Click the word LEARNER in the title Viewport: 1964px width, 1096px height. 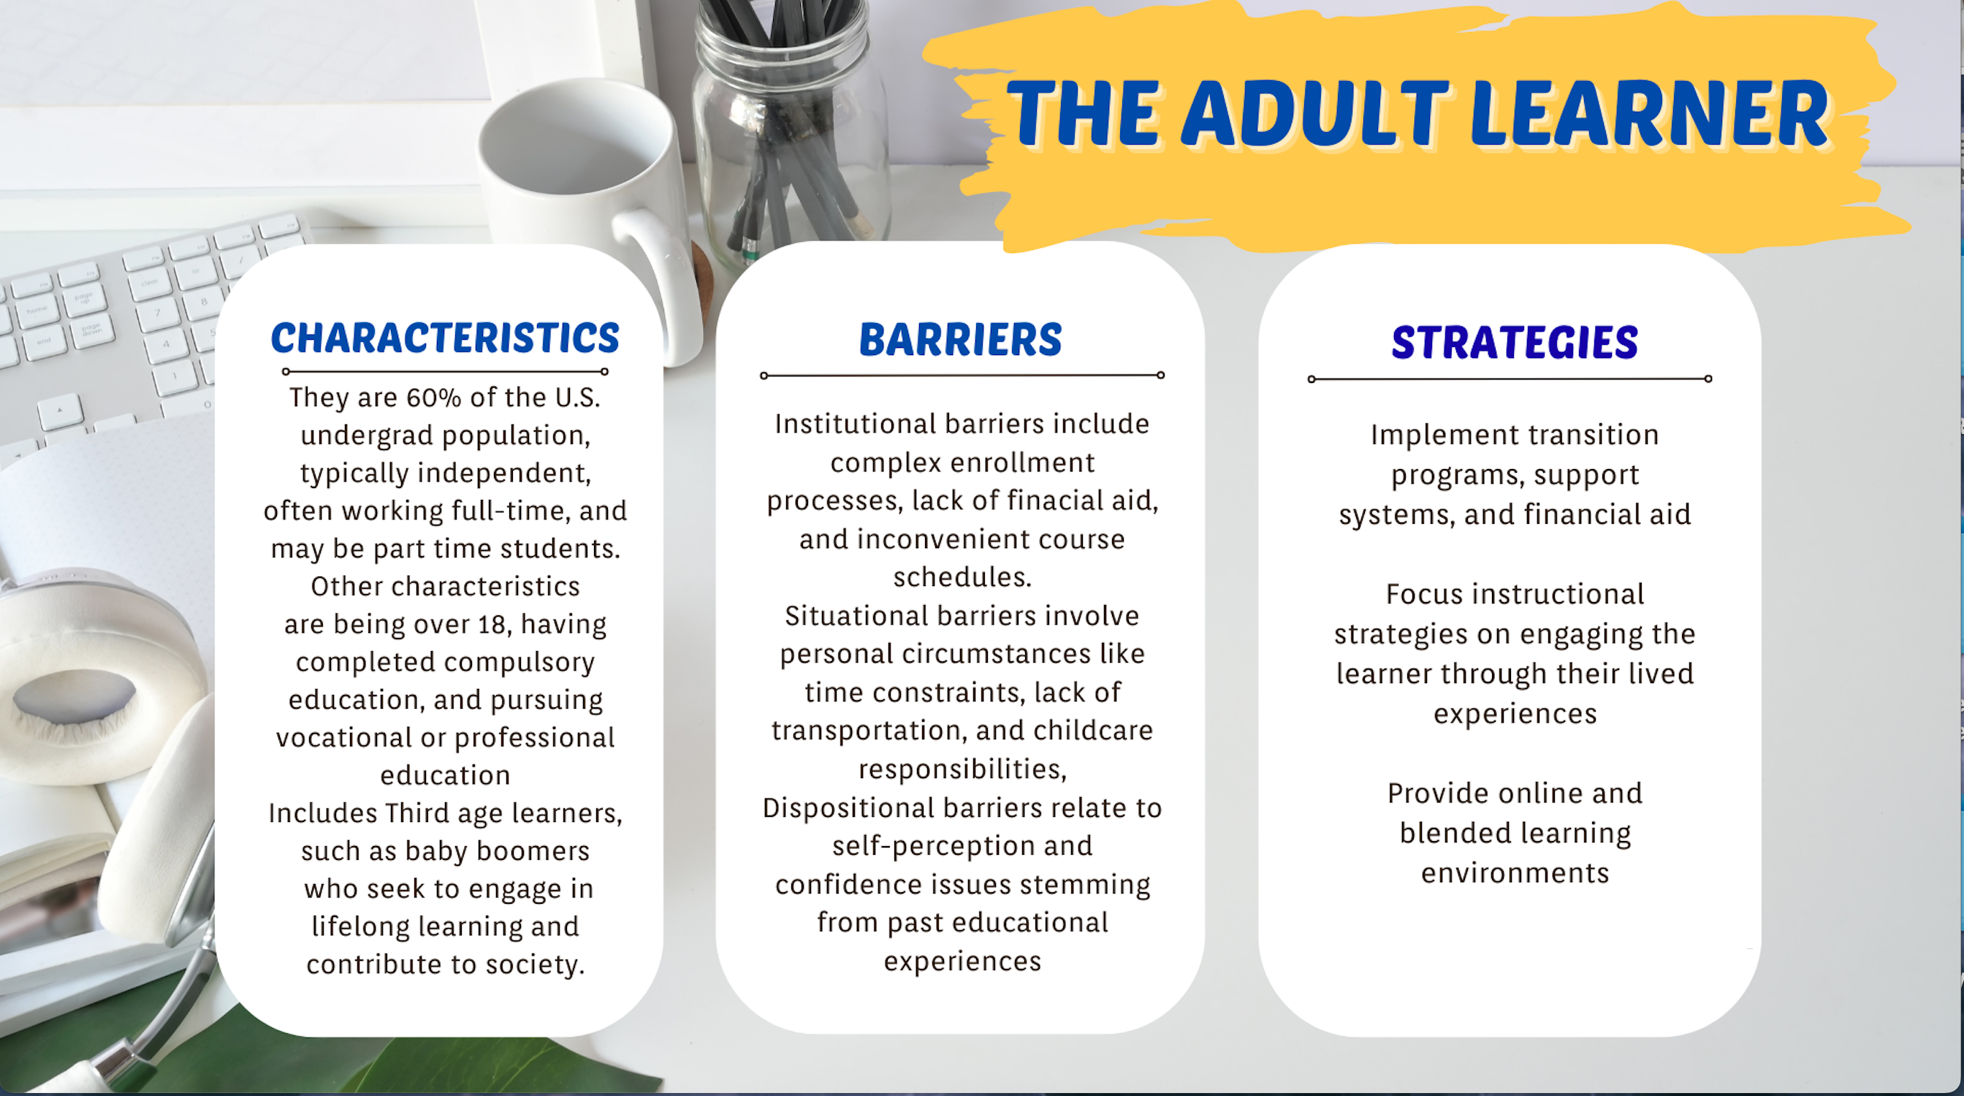(x=1648, y=113)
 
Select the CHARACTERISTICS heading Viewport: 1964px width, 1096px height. (x=445, y=338)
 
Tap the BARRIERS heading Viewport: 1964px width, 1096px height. (x=961, y=339)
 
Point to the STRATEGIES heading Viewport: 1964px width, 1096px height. (x=1514, y=342)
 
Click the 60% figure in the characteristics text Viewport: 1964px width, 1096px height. (x=433, y=397)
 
